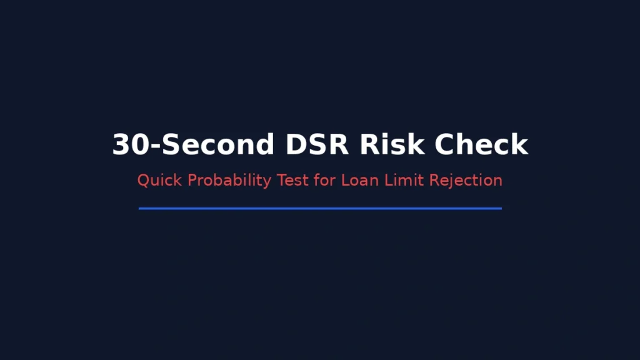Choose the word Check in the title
pyautogui.click(x=482, y=145)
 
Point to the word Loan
pyautogui.click(x=359, y=181)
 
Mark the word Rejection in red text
pyautogui.click(x=466, y=181)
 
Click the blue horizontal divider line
pyautogui.click(x=320, y=209)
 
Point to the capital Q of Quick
pyautogui.click(x=143, y=181)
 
